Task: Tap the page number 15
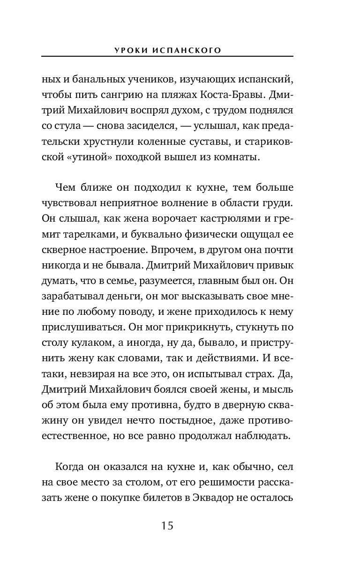point(167,525)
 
